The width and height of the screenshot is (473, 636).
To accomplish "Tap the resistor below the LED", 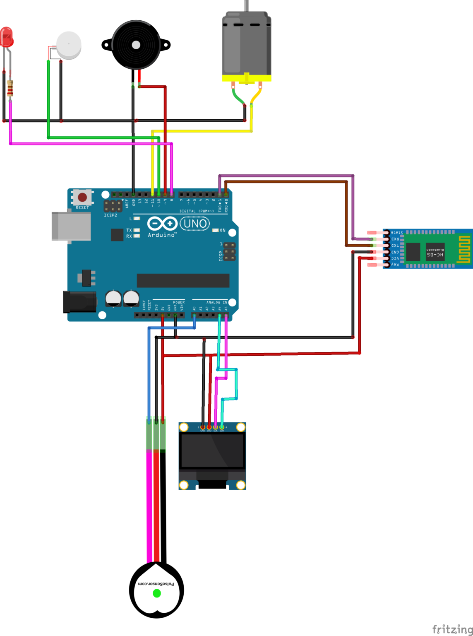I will pos(10,88).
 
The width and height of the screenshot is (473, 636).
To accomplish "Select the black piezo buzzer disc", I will pos(136,45).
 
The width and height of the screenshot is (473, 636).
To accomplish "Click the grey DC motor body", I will pos(247,43).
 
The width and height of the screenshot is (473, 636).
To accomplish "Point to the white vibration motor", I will pos(68,45).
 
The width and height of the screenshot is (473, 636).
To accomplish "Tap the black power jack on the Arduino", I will pos(79,302).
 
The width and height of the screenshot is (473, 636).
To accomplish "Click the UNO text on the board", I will pos(195,224).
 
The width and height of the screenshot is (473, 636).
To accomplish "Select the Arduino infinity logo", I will pos(162,224).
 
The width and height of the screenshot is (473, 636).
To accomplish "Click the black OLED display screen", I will pos(212,451).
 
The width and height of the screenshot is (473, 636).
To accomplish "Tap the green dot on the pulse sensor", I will pos(157,593).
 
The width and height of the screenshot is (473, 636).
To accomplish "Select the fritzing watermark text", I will pos(452,629).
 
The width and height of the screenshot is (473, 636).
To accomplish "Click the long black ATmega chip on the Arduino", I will pos(183,280).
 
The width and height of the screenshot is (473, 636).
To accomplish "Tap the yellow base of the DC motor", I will pos(247,78).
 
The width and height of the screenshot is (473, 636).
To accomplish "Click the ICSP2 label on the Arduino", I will pos(110,215).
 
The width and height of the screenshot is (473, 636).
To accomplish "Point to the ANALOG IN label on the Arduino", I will pos(217,302).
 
